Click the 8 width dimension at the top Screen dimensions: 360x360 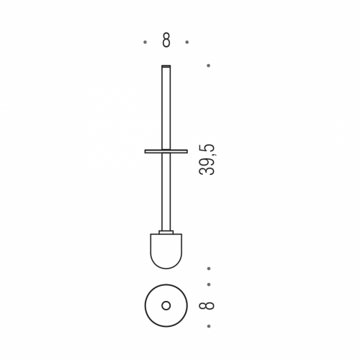point(166,40)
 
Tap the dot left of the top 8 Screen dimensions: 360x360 point(145,42)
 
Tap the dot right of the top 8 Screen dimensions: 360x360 point(187,42)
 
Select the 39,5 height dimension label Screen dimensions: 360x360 point(207,160)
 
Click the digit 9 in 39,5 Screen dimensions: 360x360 point(207,161)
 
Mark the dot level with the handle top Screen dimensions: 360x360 point(208,66)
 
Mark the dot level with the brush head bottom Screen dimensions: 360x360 point(209,269)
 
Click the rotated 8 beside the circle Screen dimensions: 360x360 point(207,305)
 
